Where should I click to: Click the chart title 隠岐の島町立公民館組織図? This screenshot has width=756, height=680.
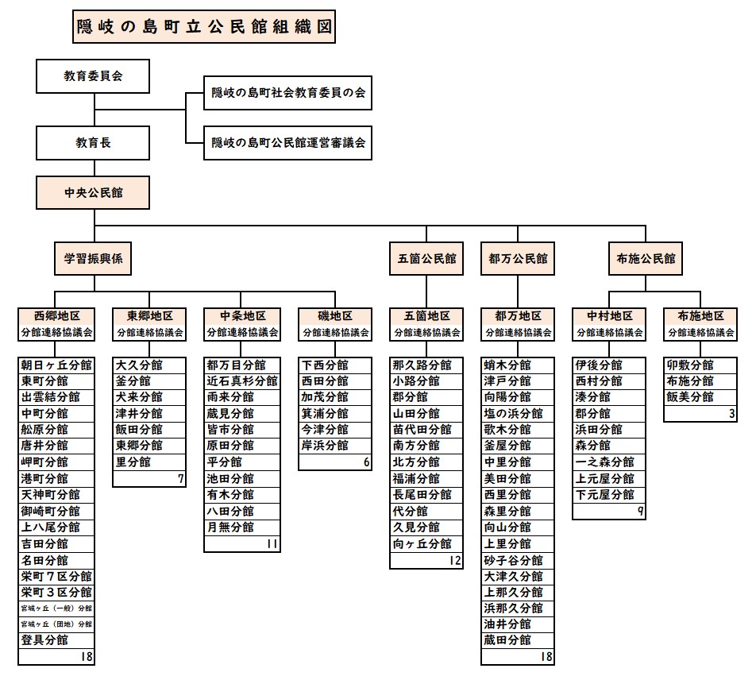click(202, 26)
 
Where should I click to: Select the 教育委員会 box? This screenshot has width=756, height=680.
click(93, 77)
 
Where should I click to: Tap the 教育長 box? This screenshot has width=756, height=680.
click(93, 143)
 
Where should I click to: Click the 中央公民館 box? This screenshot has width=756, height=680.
click(93, 192)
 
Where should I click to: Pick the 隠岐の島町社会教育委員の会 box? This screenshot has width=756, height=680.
click(287, 94)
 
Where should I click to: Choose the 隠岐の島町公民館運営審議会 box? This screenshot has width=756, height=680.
click(287, 143)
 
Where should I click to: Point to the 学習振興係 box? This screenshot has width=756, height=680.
click(93, 258)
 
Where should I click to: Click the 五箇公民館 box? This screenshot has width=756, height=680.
click(426, 258)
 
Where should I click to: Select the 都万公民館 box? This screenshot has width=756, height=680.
click(518, 258)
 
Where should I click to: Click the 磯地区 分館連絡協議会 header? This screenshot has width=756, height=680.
click(336, 324)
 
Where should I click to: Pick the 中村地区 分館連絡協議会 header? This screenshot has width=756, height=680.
click(609, 324)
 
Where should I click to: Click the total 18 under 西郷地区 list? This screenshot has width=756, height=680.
click(86, 656)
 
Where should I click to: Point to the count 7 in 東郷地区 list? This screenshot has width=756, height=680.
click(180, 478)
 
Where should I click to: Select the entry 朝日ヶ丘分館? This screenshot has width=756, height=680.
click(56, 365)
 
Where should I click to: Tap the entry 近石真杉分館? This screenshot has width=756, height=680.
click(241, 381)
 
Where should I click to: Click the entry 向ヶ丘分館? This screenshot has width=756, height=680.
click(422, 544)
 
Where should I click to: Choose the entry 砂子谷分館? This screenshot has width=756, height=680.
click(513, 560)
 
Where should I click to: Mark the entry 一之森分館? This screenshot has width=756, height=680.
click(604, 462)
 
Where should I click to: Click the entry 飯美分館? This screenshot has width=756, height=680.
click(691, 397)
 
